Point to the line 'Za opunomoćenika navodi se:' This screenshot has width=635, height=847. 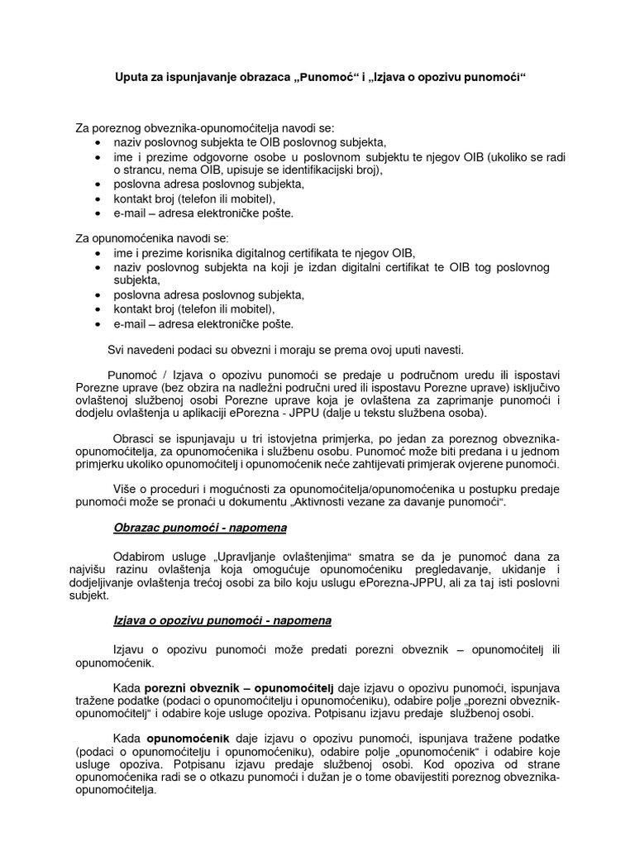coord(145,239)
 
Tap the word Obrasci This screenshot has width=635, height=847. coord(132,439)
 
